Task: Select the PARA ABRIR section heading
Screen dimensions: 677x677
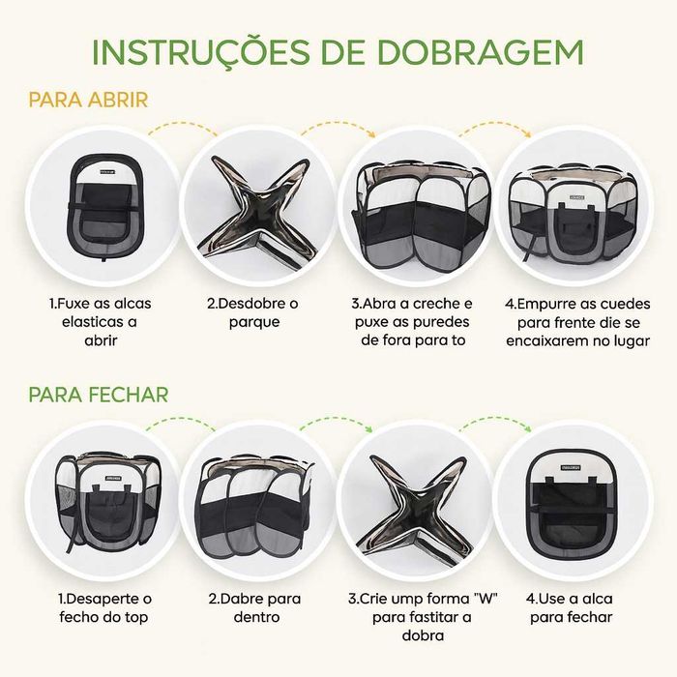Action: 88,101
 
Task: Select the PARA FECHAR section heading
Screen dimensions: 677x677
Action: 99,395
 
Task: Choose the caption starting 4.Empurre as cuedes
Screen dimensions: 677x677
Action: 576,321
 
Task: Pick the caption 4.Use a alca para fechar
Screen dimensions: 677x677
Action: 577,607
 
